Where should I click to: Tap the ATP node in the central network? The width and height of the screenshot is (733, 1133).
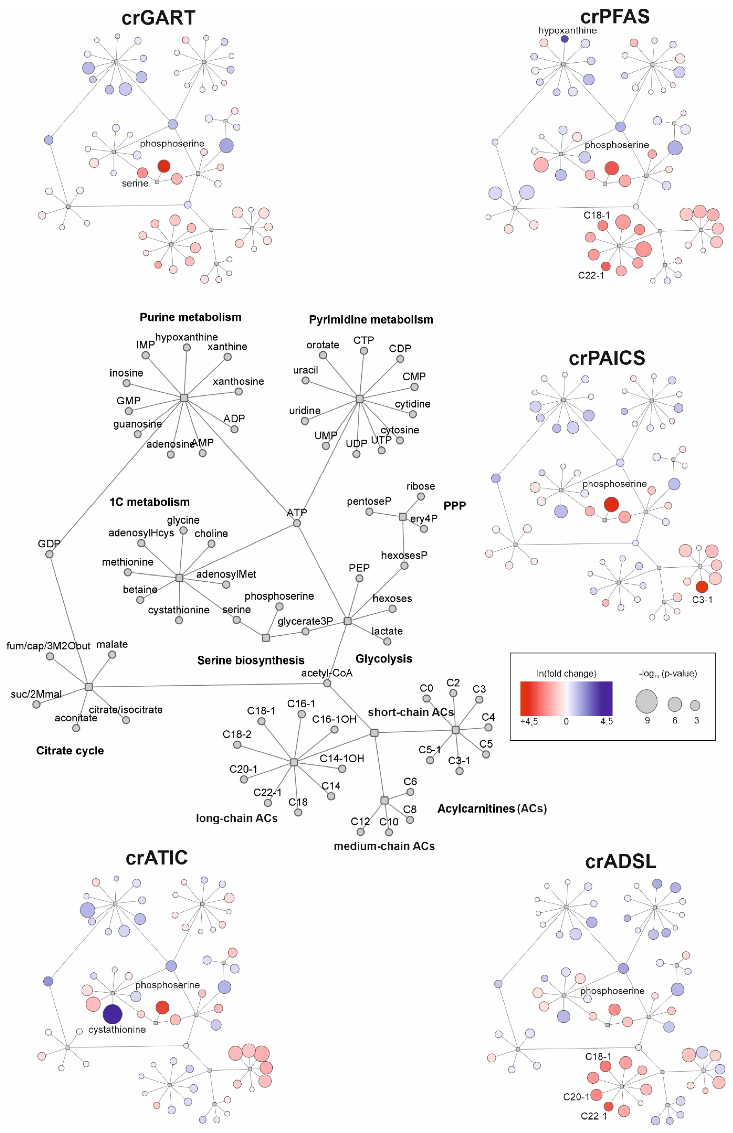(296, 523)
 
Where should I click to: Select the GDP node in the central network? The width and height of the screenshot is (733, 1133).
(49, 554)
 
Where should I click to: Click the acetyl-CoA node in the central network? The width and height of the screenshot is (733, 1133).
(327, 683)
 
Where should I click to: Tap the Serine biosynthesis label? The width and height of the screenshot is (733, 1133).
(251, 660)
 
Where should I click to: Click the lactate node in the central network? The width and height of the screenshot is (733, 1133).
(387, 641)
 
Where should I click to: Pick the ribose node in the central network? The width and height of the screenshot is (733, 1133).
(421, 496)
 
